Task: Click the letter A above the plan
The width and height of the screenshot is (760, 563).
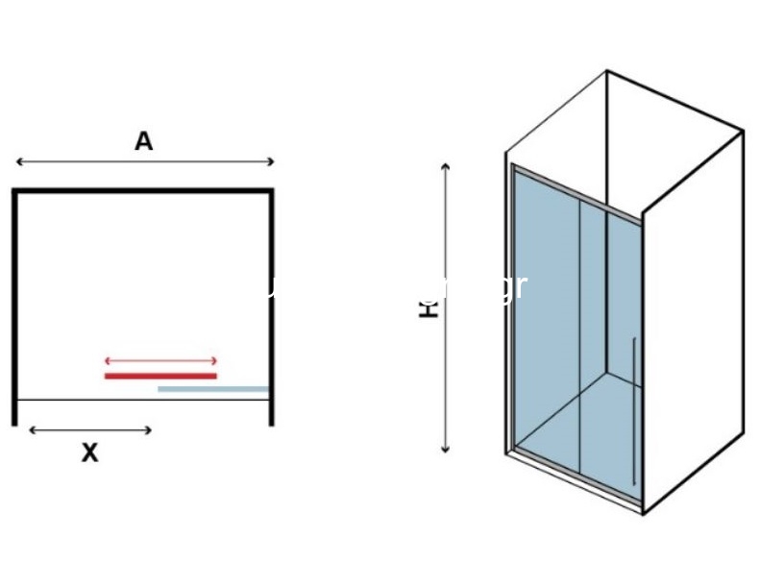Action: click(x=143, y=142)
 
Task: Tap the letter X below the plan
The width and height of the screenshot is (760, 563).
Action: click(x=89, y=453)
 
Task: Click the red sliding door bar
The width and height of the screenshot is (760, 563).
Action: click(x=160, y=376)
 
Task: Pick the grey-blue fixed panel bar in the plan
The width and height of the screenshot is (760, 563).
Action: click(x=213, y=389)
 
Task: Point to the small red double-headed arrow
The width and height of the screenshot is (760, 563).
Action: click(x=160, y=361)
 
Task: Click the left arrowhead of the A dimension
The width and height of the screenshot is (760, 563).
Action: click(x=18, y=162)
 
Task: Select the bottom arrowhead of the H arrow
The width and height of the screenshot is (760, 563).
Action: click(x=445, y=449)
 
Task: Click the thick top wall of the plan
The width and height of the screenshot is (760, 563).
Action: click(x=143, y=191)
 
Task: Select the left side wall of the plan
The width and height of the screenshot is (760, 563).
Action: click(x=14, y=307)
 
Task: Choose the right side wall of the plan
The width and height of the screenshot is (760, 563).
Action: click(x=272, y=307)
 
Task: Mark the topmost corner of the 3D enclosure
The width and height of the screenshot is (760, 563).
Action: click(x=607, y=70)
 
